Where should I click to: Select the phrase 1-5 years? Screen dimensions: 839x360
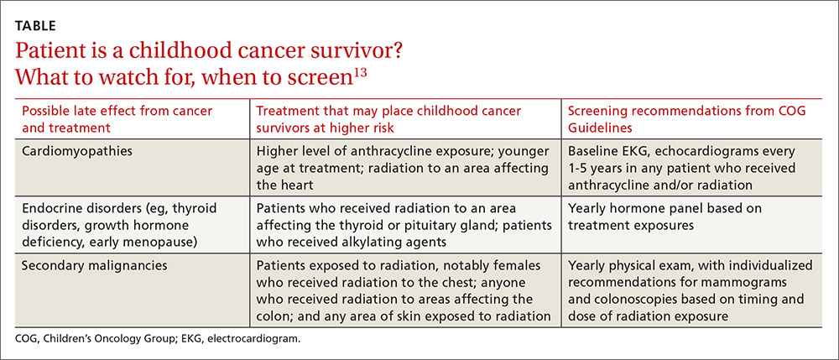591,168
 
